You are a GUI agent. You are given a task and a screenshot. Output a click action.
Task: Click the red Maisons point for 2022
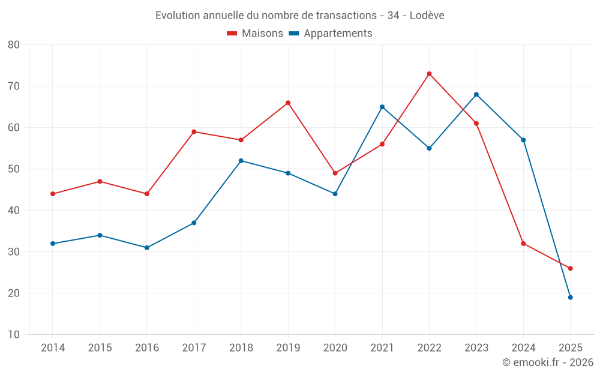point(429,74)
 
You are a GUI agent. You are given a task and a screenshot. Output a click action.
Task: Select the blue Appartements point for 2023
point(476,94)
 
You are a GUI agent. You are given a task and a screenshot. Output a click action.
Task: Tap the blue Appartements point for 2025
point(570,297)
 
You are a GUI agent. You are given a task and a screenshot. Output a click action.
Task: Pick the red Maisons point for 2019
point(288,103)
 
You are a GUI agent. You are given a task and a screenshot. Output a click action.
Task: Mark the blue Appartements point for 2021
point(382,107)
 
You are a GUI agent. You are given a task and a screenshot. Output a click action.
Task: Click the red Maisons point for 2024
point(523,244)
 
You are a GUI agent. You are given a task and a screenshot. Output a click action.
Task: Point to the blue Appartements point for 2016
point(147,248)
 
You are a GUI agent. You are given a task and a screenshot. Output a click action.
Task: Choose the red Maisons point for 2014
point(53,194)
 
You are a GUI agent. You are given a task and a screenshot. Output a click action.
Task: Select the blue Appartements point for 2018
point(241,161)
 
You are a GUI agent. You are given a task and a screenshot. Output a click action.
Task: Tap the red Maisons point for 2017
point(194,131)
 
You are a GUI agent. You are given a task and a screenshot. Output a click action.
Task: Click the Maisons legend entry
point(255,34)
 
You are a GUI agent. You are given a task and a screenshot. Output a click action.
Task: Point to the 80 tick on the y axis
point(14,45)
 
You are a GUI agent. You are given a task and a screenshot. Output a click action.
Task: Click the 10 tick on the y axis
point(14,335)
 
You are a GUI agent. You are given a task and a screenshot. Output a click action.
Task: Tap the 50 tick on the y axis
point(14,169)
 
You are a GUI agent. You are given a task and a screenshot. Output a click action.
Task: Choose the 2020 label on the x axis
point(335,348)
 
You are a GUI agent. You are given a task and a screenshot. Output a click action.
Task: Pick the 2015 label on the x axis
point(100,348)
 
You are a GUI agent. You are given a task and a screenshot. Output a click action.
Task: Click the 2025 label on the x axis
point(570,348)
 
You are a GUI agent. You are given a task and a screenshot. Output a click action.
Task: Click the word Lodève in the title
point(427,16)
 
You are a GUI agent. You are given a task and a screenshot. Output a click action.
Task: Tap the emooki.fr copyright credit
point(548,362)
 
